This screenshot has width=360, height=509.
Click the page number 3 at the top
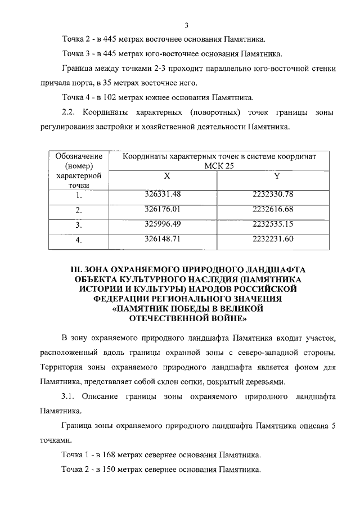185,25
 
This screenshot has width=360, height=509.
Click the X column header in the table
166,177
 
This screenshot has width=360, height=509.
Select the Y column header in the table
277,177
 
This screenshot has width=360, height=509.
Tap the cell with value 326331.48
166,195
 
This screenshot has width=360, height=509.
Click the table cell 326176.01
166,209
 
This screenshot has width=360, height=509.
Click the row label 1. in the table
79,196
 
